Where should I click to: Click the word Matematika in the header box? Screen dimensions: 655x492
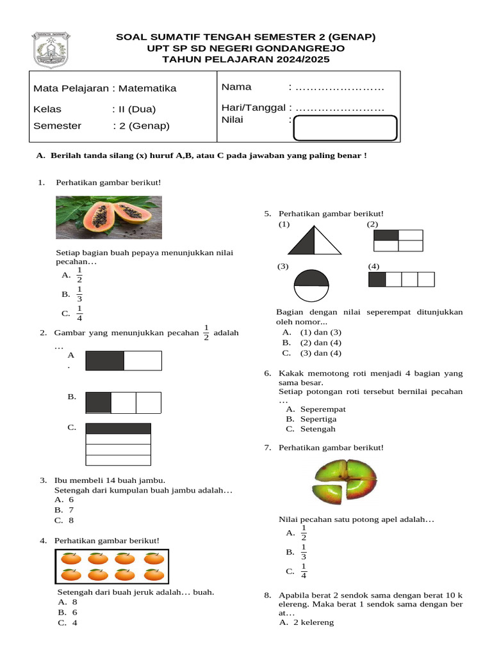pos(147,88)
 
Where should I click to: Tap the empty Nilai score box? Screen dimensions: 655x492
pos(345,127)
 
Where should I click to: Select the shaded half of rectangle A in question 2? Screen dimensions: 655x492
pos(104,361)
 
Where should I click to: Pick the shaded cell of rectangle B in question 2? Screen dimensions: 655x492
pos(98,402)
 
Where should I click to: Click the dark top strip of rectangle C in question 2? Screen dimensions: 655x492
pos(118,429)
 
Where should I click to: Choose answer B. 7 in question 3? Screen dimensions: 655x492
pos(65,510)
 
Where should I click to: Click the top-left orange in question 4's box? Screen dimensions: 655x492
pos(70,558)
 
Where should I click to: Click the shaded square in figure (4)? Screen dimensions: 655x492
pos(377,280)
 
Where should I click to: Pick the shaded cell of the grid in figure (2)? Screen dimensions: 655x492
pos(386,235)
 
